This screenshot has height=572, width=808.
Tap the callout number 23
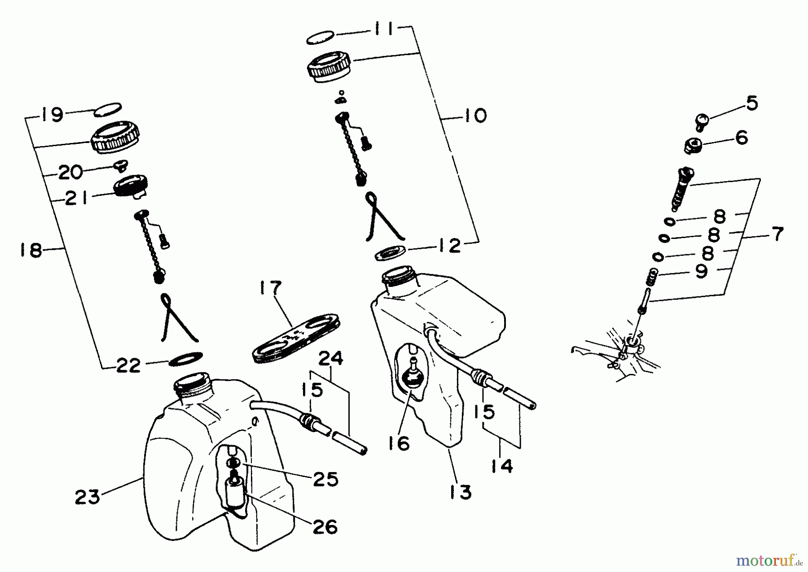click(x=87, y=497)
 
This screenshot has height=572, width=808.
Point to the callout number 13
click(x=460, y=492)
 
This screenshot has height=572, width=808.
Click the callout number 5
click(x=751, y=103)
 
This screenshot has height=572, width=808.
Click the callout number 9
click(x=701, y=271)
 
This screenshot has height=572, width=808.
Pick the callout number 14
click(x=501, y=466)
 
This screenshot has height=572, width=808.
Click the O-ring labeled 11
click(x=321, y=39)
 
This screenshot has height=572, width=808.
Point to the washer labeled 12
click(x=390, y=252)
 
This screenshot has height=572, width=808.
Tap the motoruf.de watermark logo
click(x=770, y=559)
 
